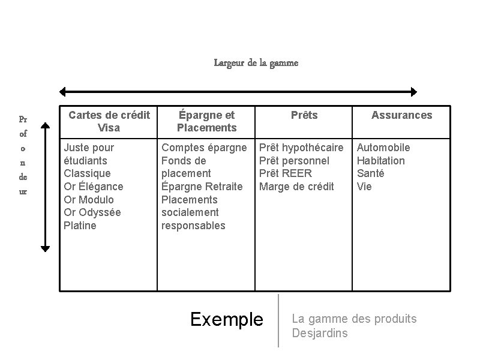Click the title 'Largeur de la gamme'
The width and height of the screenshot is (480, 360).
coord(256,62)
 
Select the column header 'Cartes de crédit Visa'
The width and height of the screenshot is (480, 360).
coord(109,121)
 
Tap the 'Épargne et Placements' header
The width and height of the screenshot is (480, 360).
coord(206,121)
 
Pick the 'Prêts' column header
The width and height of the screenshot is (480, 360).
coord(304,115)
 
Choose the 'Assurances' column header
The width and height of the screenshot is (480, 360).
coord(401,115)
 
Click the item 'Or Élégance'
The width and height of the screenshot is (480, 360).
coord(94,187)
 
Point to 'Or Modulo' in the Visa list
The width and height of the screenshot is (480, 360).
coord(89,200)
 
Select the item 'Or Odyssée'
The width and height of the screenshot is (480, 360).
coord(92,212)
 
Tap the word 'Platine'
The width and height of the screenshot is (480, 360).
coord(80,226)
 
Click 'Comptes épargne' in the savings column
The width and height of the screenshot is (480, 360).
coord(204,148)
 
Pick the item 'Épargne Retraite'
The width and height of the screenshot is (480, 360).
coord(202,187)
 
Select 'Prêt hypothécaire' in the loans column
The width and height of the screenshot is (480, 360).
coord(301,148)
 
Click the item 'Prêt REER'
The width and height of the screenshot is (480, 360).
coord(286,173)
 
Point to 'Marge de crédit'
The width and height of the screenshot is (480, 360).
coord(296,187)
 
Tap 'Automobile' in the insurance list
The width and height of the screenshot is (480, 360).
coord(383,148)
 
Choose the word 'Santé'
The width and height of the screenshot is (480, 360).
coord(371,173)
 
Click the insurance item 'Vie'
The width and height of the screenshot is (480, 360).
coord(364,187)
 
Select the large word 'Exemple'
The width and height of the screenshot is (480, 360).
coord(227,319)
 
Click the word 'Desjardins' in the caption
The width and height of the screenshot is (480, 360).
coord(319,333)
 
